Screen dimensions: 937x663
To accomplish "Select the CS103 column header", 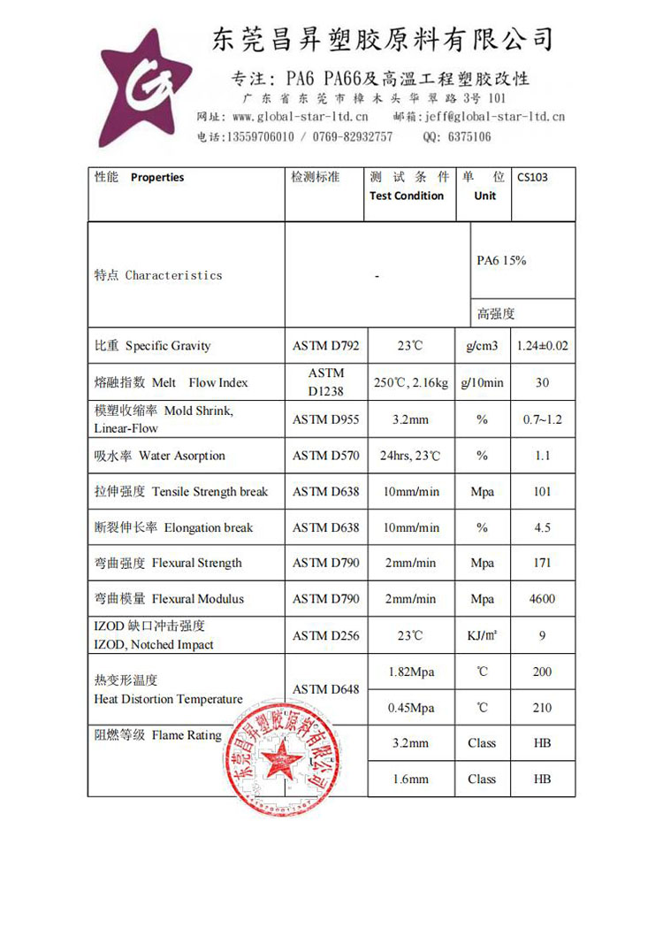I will click(x=532, y=177).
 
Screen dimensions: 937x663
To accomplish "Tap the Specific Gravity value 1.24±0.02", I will click(x=542, y=346).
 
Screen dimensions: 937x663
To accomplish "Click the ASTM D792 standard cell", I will click(x=325, y=346).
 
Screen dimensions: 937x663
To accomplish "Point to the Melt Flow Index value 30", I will click(x=542, y=382).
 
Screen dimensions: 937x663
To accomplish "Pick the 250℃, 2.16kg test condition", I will click(x=411, y=382).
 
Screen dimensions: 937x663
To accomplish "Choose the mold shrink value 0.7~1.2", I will click(x=542, y=419).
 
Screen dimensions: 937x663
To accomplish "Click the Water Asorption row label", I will click(x=160, y=456).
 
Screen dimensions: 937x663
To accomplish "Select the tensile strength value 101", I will click(x=542, y=491).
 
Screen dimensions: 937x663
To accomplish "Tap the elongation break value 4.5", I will click(x=542, y=527).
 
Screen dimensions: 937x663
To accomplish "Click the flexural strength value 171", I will click(x=542, y=563).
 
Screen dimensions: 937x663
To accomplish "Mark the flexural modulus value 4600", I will click(x=542, y=599).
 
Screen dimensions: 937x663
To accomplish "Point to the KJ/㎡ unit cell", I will click(x=482, y=635).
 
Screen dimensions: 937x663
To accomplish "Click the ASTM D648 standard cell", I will click(x=325, y=689).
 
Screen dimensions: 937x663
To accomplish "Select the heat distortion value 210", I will click(x=542, y=708).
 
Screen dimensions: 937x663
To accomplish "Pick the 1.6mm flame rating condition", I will click(x=410, y=780).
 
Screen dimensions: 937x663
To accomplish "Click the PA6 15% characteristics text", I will click(x=501, y=260).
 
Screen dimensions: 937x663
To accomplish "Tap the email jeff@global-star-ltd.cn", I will click(x=494, y=116).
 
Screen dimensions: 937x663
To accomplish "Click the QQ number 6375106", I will click(x=469, y=137).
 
